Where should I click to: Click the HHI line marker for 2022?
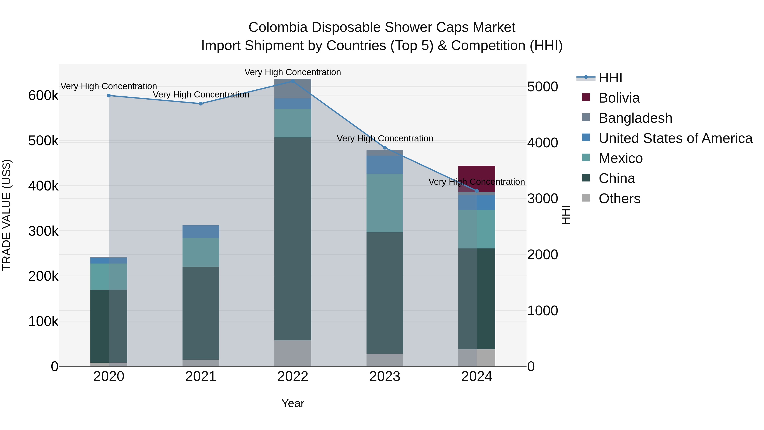(293, 81)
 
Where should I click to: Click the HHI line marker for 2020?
(109, 96)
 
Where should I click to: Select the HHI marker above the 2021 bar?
(201, 104)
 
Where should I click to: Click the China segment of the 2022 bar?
(293, 239)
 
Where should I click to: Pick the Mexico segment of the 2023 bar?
(385, 203)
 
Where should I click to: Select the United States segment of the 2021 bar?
(201, 232)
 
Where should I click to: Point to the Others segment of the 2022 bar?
(293, 353)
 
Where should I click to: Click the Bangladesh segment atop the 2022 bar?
(293, 88)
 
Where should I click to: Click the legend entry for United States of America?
(675, 138)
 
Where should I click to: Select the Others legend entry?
(619, 199)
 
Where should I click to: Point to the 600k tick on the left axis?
(43, 96)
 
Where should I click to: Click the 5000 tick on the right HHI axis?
(542, 87)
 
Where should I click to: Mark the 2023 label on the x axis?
(385, 376)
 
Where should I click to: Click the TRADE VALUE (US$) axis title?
(7, 215)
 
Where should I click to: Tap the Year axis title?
(293, 403)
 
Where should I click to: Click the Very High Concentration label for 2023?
(385, 139)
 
